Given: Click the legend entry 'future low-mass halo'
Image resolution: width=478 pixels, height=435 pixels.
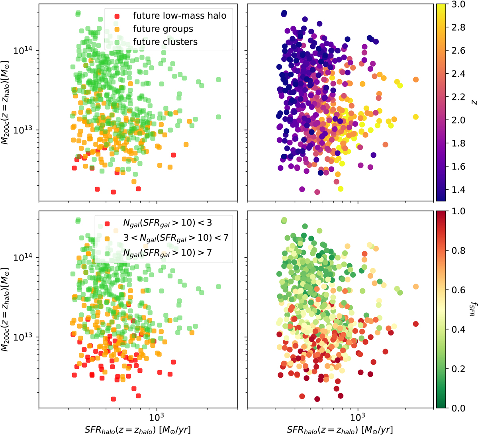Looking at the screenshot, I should [x=179, y=16].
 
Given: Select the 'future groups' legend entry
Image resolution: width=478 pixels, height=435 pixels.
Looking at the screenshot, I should [x=163, y=29].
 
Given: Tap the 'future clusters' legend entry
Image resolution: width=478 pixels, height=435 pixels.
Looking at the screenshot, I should [x=165, y=41].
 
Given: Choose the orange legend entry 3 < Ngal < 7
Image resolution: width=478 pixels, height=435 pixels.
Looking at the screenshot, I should [x=176, y=237].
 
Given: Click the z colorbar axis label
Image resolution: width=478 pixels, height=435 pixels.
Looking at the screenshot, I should [x=474, y=102].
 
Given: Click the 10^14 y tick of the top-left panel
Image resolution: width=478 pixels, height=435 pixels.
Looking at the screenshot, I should [x=25, y=51].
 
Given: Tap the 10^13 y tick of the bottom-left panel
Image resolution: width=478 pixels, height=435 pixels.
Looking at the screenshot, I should [x=25, y=337].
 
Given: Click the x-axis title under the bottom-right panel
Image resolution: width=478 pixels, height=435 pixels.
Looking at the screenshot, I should [x=340, y=429].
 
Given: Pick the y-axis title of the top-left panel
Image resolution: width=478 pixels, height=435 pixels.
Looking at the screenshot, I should [x=5, y=102].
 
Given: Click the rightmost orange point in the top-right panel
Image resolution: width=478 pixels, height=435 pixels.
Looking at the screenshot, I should [x=415, y=80].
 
